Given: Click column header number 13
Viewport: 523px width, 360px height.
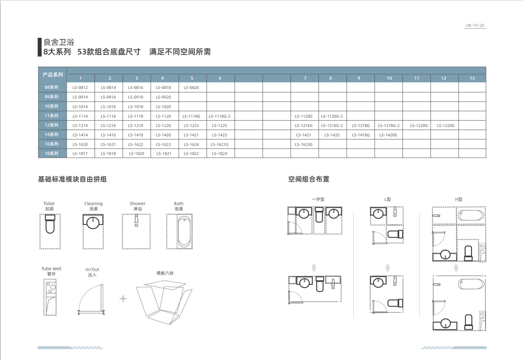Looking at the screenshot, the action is tap(472, 78).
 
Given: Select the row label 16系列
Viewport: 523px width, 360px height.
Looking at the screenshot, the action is tap(51, 144).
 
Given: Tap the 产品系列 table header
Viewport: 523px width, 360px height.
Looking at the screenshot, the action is tap(53, 74).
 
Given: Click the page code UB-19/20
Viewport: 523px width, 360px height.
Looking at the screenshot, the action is tap(475, 25).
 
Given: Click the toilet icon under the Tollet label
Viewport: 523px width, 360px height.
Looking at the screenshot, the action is tap(50, 224).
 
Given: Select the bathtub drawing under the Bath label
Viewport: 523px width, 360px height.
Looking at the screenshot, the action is tap(184, 232).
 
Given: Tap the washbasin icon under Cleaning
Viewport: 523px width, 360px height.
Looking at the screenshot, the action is tap(93, 221).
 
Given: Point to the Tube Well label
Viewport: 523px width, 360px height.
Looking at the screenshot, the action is tap(51, 269).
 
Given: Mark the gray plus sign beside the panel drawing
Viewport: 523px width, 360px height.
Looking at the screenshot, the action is tap(123, 299).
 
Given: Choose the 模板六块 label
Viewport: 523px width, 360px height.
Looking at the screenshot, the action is tap(165, 273).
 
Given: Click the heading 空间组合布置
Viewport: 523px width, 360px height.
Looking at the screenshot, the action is tap(309, 179).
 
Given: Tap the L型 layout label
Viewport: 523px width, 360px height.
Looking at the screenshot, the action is tap(388, 199).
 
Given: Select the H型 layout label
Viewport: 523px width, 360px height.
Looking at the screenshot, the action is tap(458, 199).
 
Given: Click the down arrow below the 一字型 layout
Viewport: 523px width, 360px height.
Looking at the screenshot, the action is tap(314, 268).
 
